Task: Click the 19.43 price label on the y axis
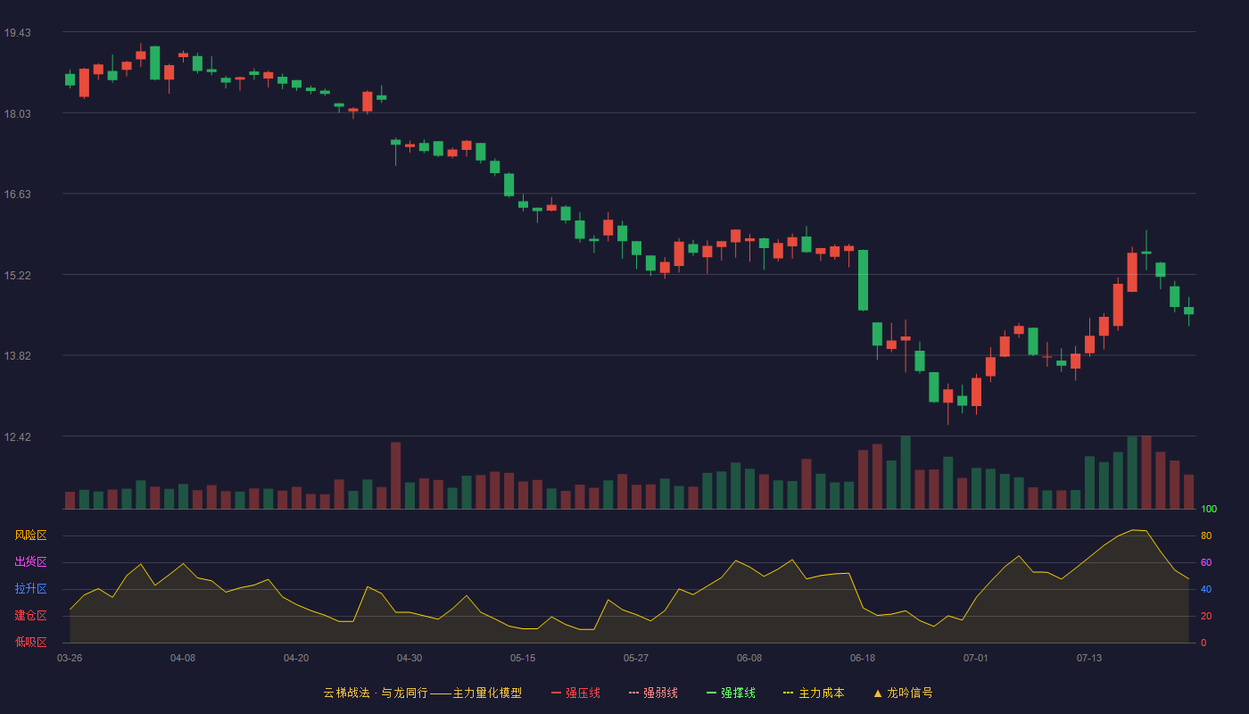17,33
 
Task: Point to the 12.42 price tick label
17,436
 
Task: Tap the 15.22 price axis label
17,276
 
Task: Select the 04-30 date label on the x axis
409,659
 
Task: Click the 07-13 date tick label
1089,659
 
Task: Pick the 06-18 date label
863,659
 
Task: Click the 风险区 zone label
30,535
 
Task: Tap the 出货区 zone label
30,561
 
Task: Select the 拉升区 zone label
30,588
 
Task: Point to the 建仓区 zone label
30,615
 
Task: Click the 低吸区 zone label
30,642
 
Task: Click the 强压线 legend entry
575,693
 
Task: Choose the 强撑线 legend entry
731,693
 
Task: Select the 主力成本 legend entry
814,693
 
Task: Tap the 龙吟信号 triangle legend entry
903,693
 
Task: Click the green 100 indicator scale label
1209,509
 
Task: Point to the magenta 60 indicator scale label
1206,562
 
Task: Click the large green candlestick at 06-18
863,280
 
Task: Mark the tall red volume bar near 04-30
396,475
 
